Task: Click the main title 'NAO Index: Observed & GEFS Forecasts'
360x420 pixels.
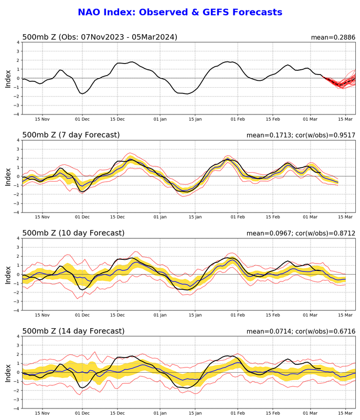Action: [180, 12]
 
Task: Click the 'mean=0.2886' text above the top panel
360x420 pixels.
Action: [333, 37]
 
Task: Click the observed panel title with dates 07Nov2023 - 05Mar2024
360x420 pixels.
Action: [100, 37]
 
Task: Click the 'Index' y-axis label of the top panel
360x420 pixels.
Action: [8, 78]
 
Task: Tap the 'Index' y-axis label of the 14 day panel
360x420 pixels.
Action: [8, 372]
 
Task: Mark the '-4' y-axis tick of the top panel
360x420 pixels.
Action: [17, 114]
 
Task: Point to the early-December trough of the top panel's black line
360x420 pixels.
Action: [83, 93]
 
